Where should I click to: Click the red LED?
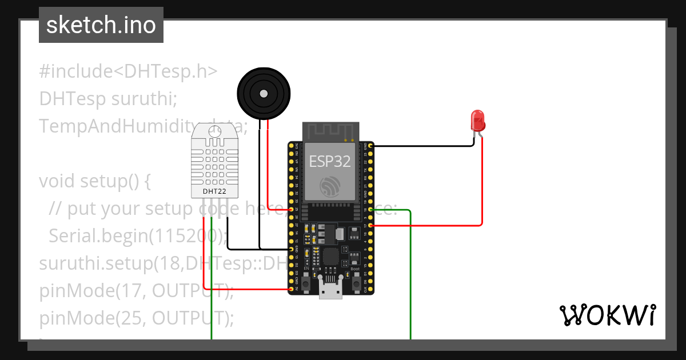pyautogui.click(x=477, y=121)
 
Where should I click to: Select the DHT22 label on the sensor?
pyautogui.click(x=215, y=191)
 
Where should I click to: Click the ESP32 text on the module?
pyautogui.click(x=330, y=161)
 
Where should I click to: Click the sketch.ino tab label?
pyautogui.click(x=101, y=25)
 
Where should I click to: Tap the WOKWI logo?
pyautogui.click(x=607, y=315)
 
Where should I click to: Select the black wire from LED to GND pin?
pyautogui.click(x=423, y=146)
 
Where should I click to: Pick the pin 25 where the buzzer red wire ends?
pyautogui.click(x=292, y=210)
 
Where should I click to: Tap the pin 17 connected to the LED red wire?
pyautogui.click(x=371, y=226)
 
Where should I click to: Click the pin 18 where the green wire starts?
pyautogui.click(x=371, y=210)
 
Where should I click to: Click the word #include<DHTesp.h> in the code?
pyautogui.click(x=129, y=71)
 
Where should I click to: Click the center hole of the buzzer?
pyautogui.click(x=264, y=93)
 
